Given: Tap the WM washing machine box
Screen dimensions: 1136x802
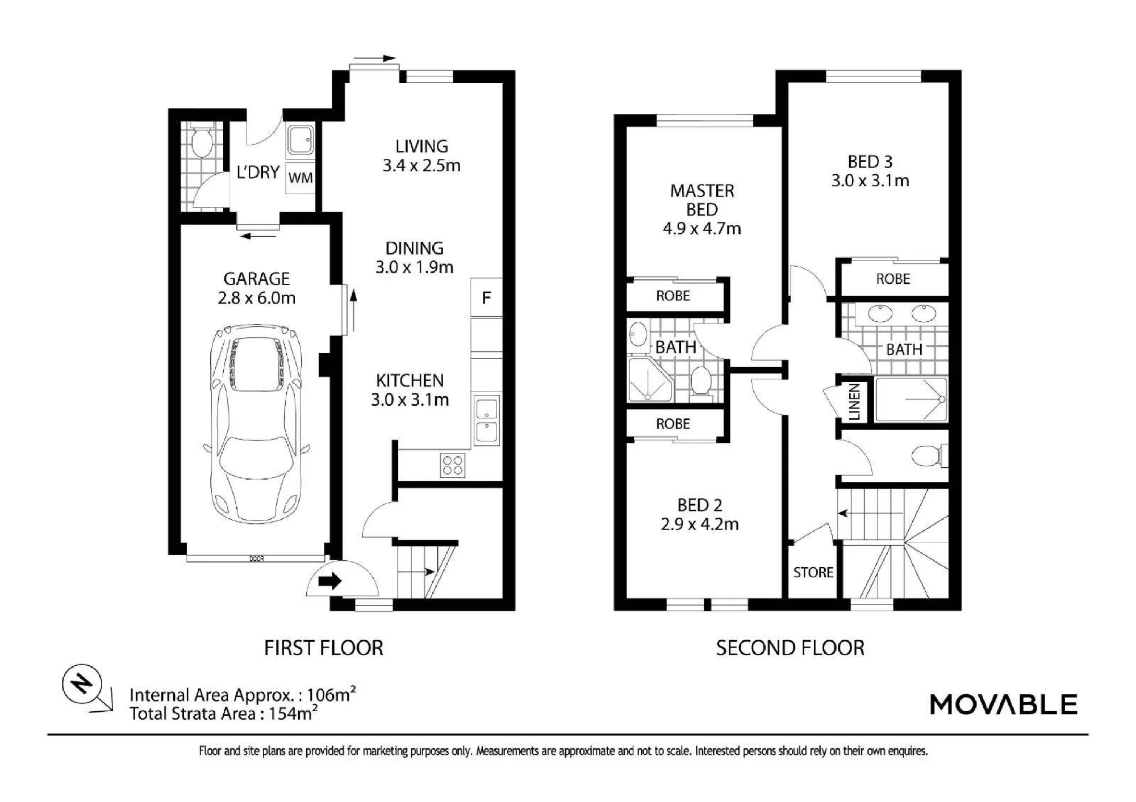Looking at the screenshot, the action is click(x=300, y=178).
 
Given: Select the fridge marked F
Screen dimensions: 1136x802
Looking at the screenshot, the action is click(x=486, y=297).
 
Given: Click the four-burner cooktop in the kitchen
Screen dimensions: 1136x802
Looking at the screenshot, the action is click(x=453, y=465).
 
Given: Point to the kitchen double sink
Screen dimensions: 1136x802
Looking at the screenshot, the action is click(x=487, y=420).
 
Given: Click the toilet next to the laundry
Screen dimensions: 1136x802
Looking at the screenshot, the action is click(x=201, y=141).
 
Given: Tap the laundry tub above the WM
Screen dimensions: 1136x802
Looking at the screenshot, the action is click(x=300, y=140).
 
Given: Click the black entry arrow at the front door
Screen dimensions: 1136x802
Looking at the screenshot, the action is click(x=329, y=581).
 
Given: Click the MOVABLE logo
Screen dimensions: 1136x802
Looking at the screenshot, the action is click(x=1003, y=704).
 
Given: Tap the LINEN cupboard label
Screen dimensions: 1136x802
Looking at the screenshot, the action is click(x=855, y=402).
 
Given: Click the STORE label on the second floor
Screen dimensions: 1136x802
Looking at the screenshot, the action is click(x=813, y=572).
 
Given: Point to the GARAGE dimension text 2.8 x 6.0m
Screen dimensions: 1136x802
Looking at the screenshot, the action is click(x=257, y=298).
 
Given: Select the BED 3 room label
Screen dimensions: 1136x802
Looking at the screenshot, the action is click(x=870, y=162).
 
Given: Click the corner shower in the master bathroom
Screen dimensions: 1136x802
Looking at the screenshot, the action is click(x=650, y=379).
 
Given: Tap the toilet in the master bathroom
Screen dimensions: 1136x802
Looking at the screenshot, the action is click(x=701, y=381).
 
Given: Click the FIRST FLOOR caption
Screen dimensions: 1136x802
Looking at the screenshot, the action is click(x=324, y=648).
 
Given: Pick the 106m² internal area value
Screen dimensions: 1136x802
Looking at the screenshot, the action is click(x=332, y=694).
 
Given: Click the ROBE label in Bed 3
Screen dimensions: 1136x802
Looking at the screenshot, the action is click(x=893, y=279).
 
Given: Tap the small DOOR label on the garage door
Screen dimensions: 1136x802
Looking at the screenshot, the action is click(x=257, y=559).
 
